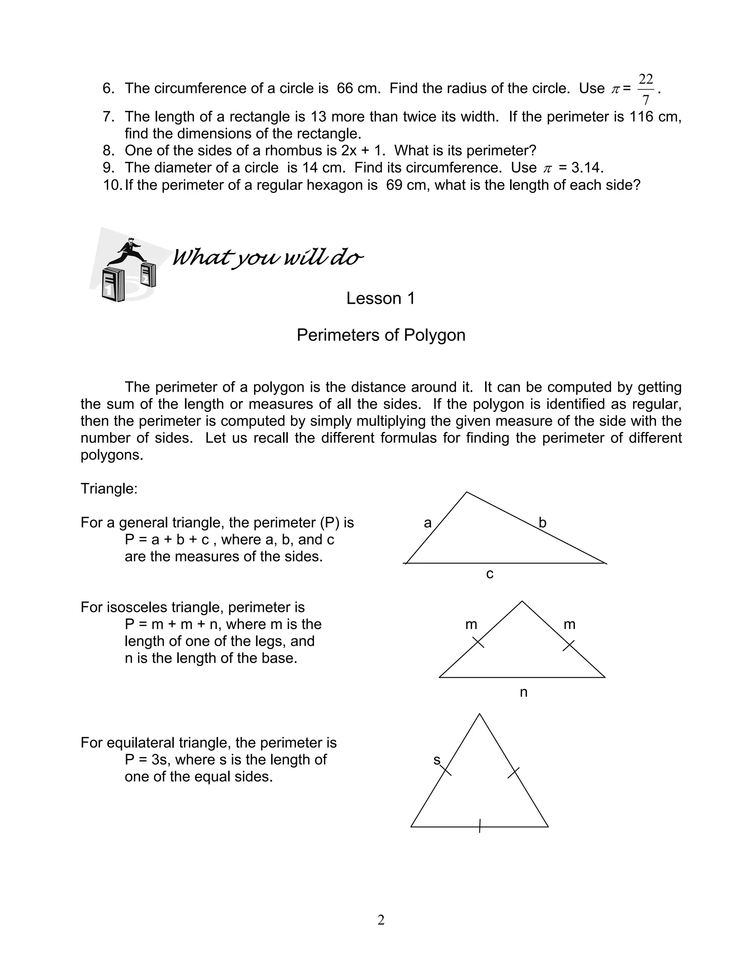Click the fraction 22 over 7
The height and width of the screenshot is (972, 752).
pyautogui.click(x=646, y=89)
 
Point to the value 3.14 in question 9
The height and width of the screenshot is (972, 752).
pyautogui.click(x=587, y=168)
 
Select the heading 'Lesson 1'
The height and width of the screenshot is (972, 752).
pyautogui.click(x=380, y=299)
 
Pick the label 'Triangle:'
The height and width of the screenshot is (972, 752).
pyautogui.click(x=109, y=489)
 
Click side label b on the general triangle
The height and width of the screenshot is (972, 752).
pyautogui.click(x=542, y=522)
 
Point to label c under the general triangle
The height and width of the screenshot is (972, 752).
pyautogui.click(x=489, y=574)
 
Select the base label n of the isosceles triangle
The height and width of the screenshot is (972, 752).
pyautogui.click(x=524, y=693)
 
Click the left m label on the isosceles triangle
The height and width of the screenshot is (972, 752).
pyautogui.click(x=471, y=625)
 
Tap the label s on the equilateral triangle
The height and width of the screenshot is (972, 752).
pyautogui.click(x=437, y=760)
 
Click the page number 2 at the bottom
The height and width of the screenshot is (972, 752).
pyautogui.click(x=381, y=920)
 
